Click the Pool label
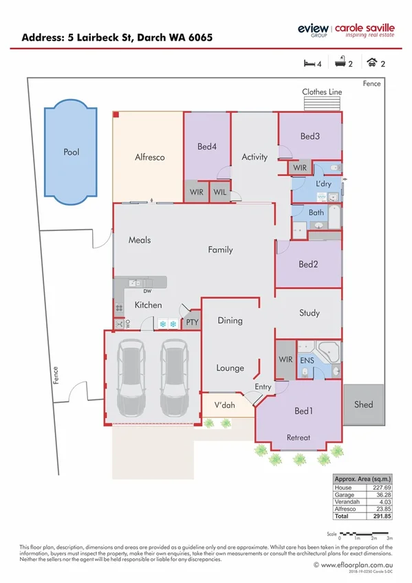click(x=72, y=152)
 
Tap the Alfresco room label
click(x=149, y=157)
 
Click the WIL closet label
click(x=220, y=192)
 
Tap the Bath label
click(x=316, y=212)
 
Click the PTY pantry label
click(x=193, y=321)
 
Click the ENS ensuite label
click(x=307, y=360)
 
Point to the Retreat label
click(x=299, y=437)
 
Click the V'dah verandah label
click(x=224, y=406)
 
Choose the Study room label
click(x=310, y=313)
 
